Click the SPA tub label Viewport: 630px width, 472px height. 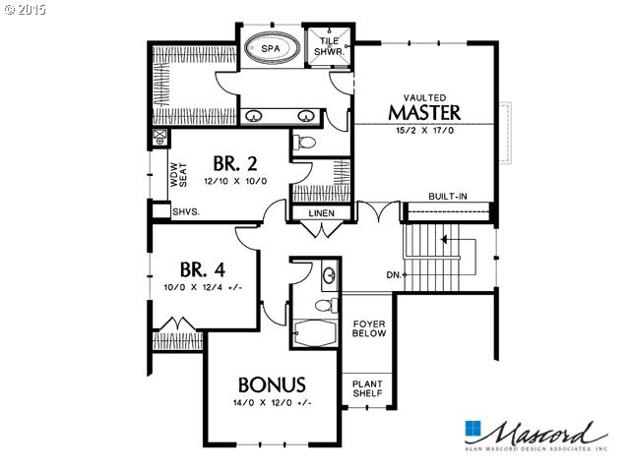[x=271, y=49]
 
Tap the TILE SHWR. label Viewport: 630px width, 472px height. [x=329, y=46]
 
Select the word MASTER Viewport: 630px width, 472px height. [x=424, y=112]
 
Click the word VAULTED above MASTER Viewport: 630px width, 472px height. [x=424, y=97]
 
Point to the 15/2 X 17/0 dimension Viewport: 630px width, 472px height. [x=424, y=131]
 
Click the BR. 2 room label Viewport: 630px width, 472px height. [x=235, y=164]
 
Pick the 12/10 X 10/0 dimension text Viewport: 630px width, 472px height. [x=235, y=181]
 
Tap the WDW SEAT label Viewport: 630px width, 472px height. [x=179, y=175]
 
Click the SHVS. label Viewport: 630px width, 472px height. [x=186, y=211]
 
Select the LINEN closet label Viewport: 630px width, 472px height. [x=322, y=213]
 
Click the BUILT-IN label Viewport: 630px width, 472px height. [x=448, y=197]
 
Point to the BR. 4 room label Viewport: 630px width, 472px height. [x=203, y=269]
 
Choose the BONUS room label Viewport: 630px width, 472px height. [x=272, y=384]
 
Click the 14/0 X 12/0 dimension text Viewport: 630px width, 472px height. [x=273, y=402]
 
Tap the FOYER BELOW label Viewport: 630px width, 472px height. [x=369, y=328]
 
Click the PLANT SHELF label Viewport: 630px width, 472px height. [x=367, y=388]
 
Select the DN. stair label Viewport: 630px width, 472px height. [x=394, y=275]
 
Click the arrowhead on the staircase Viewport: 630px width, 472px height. [x=444, y=240]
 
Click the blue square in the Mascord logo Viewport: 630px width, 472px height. [x=472, y=429]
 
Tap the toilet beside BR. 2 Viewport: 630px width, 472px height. [x=304, y=142]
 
